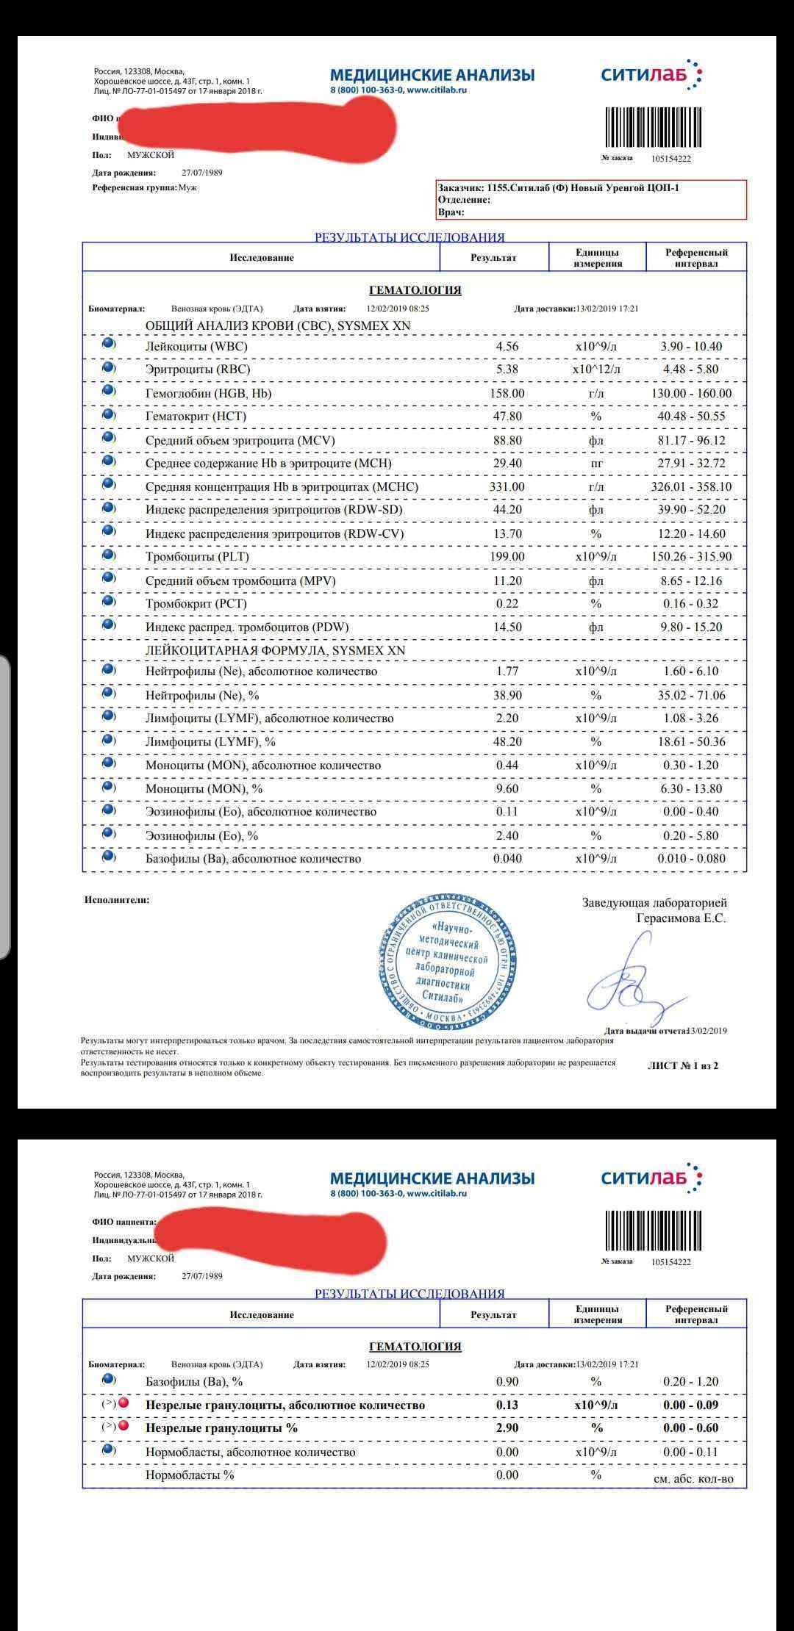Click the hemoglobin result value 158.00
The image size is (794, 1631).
(x=507, y=393)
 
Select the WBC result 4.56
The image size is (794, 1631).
(x=507, y=346)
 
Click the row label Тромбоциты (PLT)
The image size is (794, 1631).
(x=197, y=556)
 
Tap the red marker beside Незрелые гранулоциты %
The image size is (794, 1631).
(x=124, y=1426)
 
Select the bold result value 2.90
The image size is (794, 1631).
(x=507, y=1427)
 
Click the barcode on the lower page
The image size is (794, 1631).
(x=653, y=1230)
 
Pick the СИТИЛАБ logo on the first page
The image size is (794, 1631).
(x=651, y=75)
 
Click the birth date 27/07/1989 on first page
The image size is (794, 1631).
(x=201, y=173)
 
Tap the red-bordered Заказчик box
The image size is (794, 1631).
(x=591, y=199)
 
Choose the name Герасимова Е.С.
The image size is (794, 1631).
(x=681, y=918)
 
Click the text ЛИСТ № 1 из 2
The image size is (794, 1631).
(x=682, y=1065)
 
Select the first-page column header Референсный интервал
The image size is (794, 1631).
(x=695, y=257)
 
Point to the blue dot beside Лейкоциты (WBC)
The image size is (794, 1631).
(x=108, y=344)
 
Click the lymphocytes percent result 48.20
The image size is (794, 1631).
(x=507, y=741)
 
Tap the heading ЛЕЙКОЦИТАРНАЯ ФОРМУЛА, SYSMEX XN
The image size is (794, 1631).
(x=275, y=650)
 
